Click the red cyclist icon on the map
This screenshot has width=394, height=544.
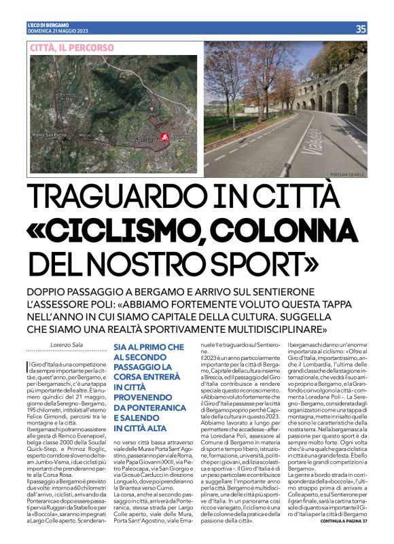[164, 137]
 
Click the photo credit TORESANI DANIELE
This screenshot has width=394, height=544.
[346, 175]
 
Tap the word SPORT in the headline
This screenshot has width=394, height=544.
[263, 261]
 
